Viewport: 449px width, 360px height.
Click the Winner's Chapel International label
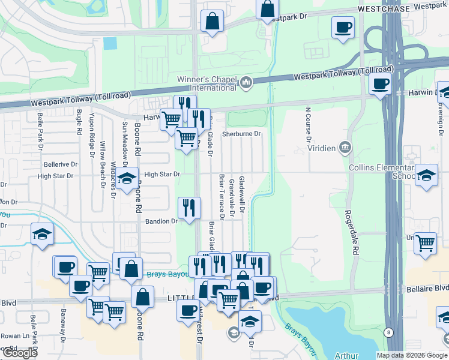click(206, 83)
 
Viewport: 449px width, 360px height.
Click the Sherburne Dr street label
click(241, 134)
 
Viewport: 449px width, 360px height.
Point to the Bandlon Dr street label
click(161, 221)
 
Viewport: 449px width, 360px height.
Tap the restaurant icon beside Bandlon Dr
click(189, 208)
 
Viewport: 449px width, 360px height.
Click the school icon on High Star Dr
click(126, 179)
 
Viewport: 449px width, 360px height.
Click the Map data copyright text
click(412, 355)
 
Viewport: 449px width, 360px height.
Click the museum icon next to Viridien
click(345, 146)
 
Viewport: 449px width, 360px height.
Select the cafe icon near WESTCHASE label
click(343, 28)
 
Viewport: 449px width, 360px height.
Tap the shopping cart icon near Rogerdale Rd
click(425, 244)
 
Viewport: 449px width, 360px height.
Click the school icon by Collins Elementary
click(426, 176)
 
